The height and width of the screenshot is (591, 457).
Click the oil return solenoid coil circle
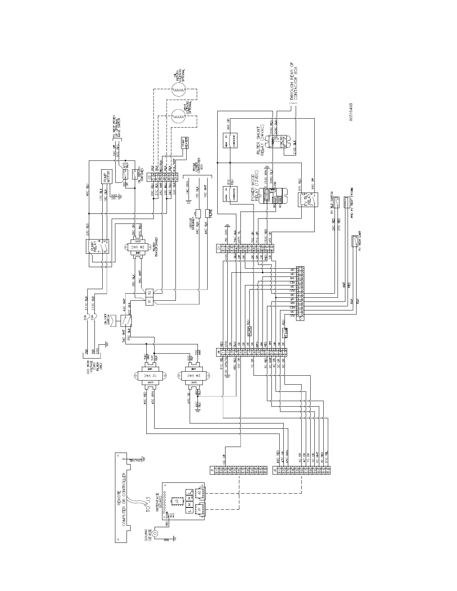[x=179, y=88]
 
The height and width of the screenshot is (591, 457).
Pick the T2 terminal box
[x=149, y=292]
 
